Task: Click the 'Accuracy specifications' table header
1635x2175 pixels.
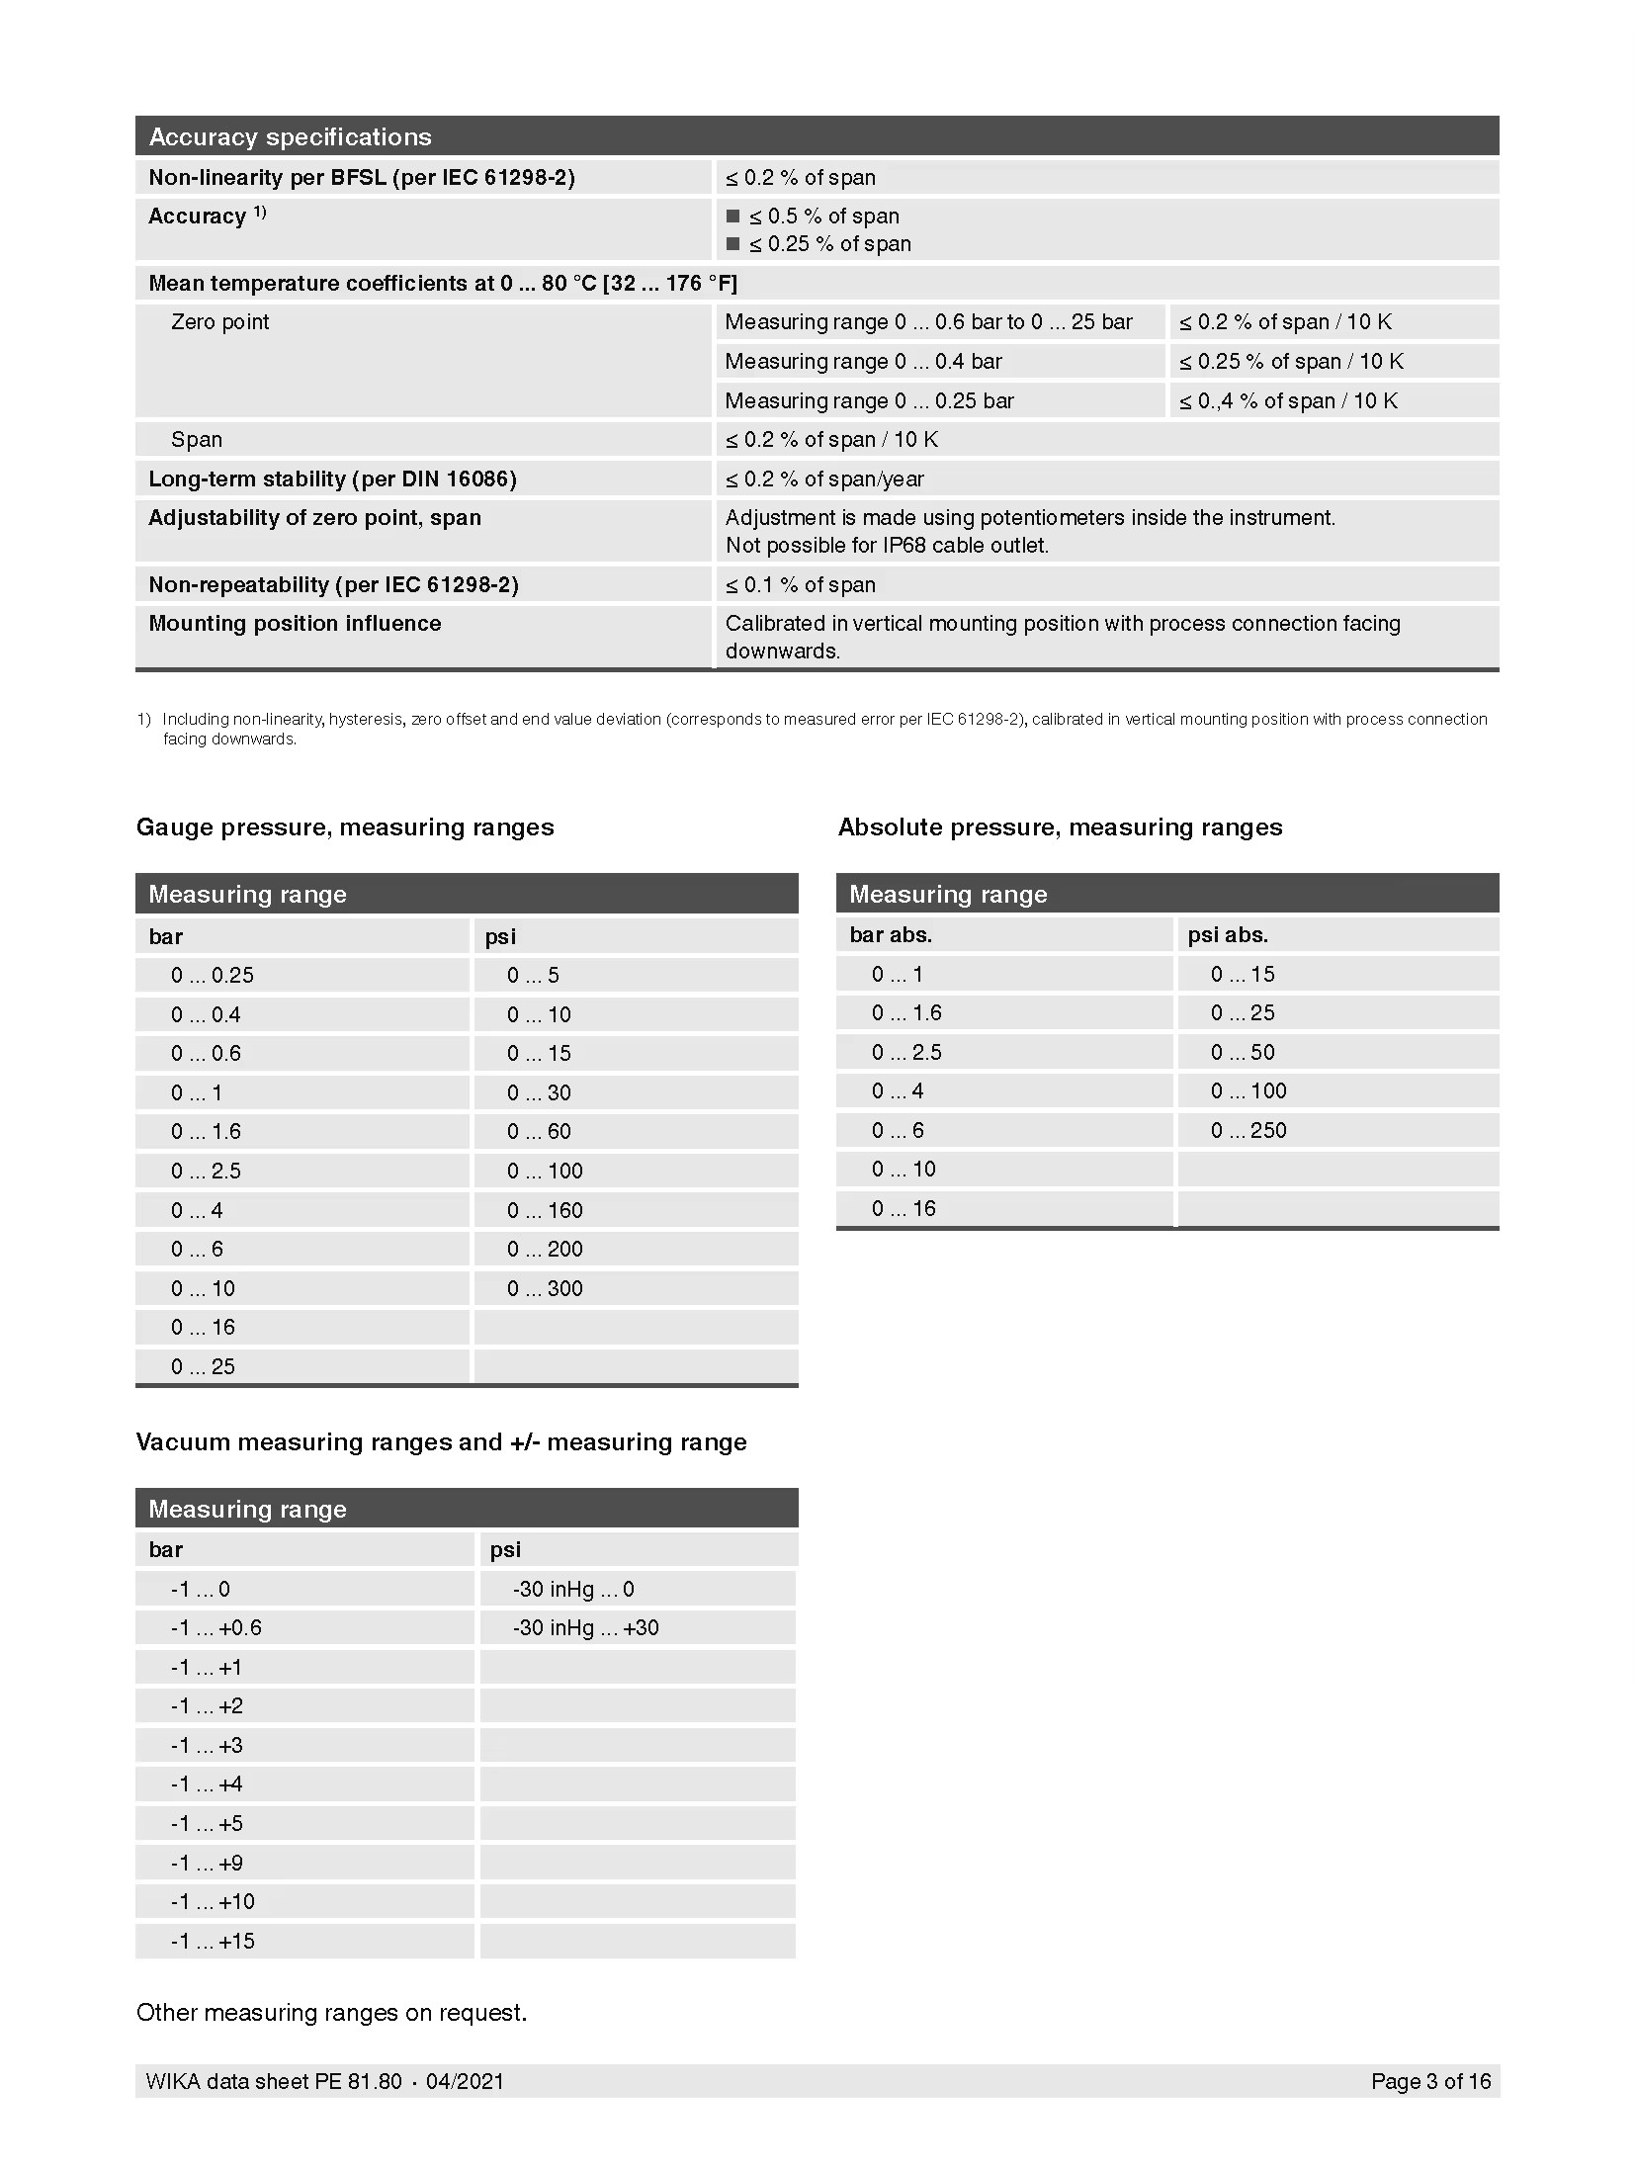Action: click(x=290, y=136)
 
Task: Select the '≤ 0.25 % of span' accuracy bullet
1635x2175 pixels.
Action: click(x=828, y=244)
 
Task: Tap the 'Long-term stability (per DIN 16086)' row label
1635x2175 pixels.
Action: click(x=332, y=479)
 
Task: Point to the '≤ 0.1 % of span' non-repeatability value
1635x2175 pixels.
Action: click(x=800, y=585)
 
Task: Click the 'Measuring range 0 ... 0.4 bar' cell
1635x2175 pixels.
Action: click(x=863, y=362)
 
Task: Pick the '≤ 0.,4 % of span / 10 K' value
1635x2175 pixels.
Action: click(x=1288, y=401)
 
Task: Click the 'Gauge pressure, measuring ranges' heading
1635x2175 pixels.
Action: click(x=345, y=827)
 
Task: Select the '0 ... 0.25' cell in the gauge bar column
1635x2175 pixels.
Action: click(x=212, y=976)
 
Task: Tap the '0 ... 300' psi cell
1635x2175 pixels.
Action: click(x=545, y=1289)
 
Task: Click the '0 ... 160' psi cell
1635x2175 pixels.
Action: click(x=545, y=1211)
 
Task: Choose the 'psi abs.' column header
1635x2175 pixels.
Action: click(x=1228, y=935)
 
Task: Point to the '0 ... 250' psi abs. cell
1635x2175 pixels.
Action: click(x=1248, y=1131)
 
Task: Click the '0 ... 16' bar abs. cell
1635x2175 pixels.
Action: click(x=904, y=1209)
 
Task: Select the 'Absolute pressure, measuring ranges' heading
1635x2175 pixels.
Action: click(x=1060, y=827)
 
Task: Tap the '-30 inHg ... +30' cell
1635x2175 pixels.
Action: click(x=585, y=1628)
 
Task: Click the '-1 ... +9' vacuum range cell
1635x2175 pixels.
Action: click(x=207, y=1864)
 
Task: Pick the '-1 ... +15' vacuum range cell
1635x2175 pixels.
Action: click(x=213, y=1942)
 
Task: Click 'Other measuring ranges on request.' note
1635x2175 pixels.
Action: click(x=331, y=2013)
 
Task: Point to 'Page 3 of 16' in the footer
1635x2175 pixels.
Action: click(x=1430, y=2082)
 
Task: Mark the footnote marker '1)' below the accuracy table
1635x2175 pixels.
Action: click(x=144, y=720)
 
